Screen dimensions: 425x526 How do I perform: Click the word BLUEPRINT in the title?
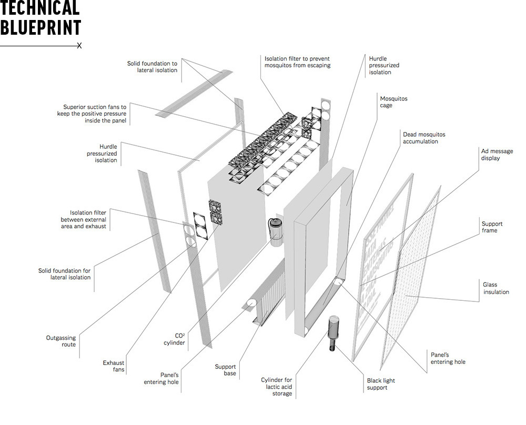[x=41, y=27]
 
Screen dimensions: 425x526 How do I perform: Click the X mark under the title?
[x=79, y=46]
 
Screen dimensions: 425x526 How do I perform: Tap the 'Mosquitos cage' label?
[x=394, y=102]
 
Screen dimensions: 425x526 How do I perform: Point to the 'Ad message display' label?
[x=497, y=155]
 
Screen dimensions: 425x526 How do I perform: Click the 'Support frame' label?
[x=492, y=227]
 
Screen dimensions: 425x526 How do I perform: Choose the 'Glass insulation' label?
[x=496, y=288]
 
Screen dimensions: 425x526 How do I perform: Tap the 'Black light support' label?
[x=381, y=384]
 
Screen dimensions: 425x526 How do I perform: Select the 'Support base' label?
[x=226, y=370]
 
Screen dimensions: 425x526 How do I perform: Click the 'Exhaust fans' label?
[x=114, y=366]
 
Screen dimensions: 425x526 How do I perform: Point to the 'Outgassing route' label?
[x=61, y=341]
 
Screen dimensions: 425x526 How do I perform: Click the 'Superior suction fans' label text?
[x=95, y=114]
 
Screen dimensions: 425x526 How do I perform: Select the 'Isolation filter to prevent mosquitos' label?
[x=297, y=62]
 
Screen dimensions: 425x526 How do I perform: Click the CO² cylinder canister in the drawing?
[x=276, y=230]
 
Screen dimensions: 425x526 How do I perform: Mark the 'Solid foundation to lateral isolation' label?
[x=153, y=67]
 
